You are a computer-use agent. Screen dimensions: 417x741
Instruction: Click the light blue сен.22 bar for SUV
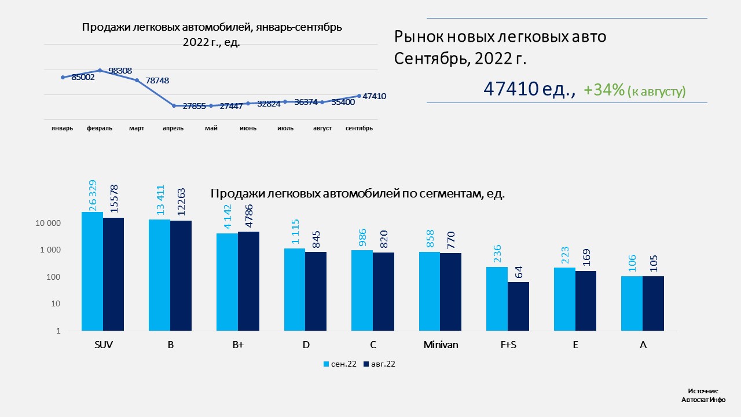click(93, 271)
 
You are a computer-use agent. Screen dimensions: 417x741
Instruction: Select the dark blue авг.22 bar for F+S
click(518, 306)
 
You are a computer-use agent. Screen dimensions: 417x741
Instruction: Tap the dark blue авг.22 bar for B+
click(248, 281)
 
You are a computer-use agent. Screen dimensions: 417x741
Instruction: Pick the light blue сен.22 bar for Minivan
click(430, 291)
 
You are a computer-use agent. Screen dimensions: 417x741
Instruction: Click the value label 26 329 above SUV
click(93, 195)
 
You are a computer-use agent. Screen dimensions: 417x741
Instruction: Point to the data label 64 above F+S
click(518, 272)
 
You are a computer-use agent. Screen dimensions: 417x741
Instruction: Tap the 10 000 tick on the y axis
click(47, 224)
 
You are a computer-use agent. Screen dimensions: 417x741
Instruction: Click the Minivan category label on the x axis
click(441, 345)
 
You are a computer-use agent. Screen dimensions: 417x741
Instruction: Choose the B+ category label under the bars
click(238, 345)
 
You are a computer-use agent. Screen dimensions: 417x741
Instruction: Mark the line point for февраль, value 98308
click(100, 71)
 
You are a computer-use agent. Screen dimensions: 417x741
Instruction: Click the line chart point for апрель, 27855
click(174, 106)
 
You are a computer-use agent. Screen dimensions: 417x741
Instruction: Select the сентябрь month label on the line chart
click(359, 129)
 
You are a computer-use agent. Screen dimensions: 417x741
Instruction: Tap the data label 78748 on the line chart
click(157, 81)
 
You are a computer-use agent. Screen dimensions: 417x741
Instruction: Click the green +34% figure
click(604, 90)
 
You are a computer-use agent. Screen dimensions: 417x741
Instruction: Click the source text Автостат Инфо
click(703, 400)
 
